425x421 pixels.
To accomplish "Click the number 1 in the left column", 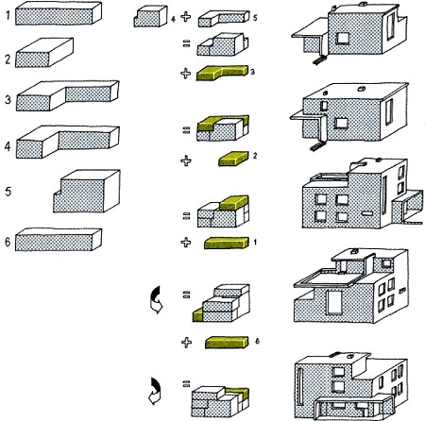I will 8,14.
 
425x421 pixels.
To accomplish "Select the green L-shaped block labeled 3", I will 222,75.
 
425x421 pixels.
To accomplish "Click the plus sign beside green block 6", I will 186,341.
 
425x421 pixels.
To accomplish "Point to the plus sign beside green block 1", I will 186,244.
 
